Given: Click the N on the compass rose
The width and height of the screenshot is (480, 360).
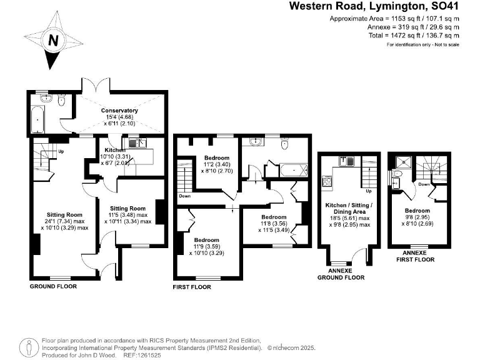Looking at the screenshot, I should coord(54,41).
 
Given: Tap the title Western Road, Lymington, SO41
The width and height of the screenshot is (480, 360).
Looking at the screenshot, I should coord(374,6).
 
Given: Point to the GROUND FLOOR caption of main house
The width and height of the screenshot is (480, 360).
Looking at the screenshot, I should coord(53,286).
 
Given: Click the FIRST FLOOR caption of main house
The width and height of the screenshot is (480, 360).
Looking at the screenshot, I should coord(192,287).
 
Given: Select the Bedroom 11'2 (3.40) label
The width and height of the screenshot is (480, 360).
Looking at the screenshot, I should coord(217,158).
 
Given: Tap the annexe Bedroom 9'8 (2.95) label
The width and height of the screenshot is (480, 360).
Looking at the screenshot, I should coord(417,211).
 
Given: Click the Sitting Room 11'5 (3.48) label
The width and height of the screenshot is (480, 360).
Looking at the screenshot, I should coord(128,208).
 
